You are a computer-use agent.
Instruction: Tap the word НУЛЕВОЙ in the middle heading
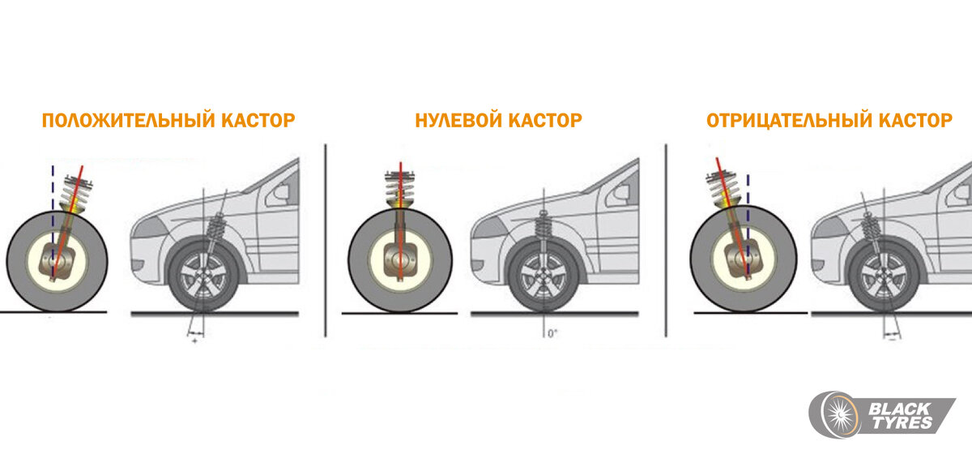pos(458,121)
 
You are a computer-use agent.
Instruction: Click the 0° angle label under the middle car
pos(552,332)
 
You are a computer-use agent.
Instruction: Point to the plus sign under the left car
pos(195,340)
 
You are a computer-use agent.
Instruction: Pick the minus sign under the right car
pos(893,340)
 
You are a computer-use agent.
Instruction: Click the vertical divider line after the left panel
pos(325,239)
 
